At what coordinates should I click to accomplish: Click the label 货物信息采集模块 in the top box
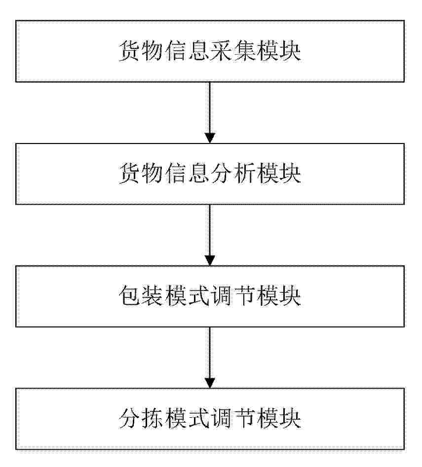pos(210,51)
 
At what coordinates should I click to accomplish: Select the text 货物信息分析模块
pos(210,174)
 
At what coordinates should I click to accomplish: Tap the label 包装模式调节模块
pos(210,296)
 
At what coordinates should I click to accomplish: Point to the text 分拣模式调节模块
pos(210,419)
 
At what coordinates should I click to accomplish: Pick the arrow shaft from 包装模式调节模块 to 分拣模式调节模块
pos(210,353)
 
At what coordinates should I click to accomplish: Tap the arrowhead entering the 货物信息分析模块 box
pos(210,138)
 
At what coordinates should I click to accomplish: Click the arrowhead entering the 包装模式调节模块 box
pos(210,260)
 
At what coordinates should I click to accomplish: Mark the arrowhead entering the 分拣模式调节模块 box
pos(210,383)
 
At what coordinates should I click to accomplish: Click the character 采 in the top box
pos(221,51)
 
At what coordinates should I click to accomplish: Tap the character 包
pos(130,296)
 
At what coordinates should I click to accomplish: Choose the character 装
pos(153,296)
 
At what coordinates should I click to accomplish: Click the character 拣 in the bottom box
pos(153,419)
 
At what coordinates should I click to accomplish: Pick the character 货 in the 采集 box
pos(130,51)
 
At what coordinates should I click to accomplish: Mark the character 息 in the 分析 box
pos(198,174)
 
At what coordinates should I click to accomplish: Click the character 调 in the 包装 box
pos(221,296)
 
